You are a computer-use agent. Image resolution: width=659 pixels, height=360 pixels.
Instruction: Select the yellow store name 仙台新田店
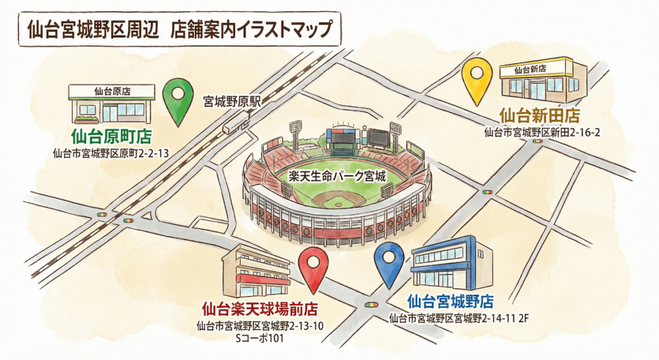pos(539,116)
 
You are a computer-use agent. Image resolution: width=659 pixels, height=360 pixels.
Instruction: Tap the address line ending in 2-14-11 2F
pos(458,317)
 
